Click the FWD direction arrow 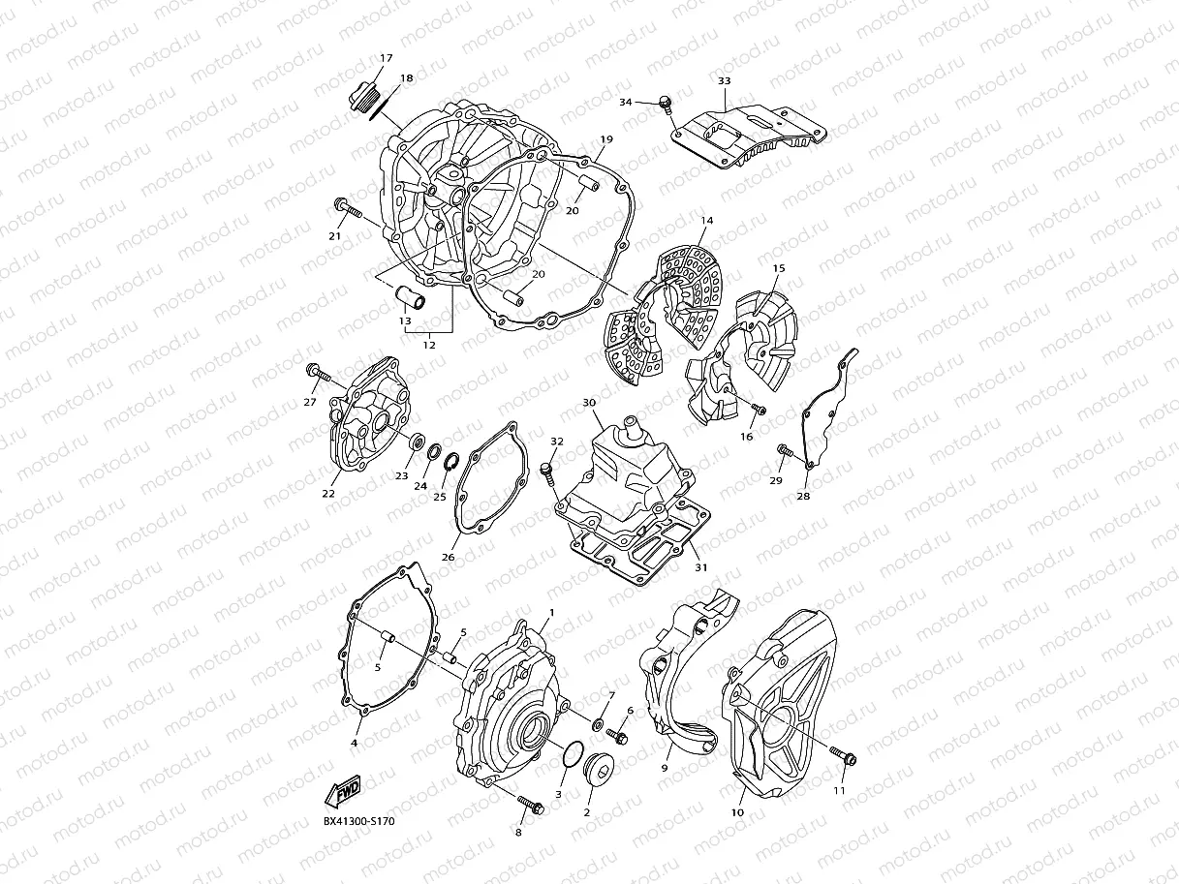[343, 792]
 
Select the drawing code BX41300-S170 [358, 822]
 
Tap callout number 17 [386, 58]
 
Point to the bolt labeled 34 [666, 103]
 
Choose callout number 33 [724, 81]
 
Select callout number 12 [429, 345]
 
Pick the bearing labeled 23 [419, 442]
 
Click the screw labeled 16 [757, 410]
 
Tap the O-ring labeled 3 [572, 756]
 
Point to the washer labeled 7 [598, 722]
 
